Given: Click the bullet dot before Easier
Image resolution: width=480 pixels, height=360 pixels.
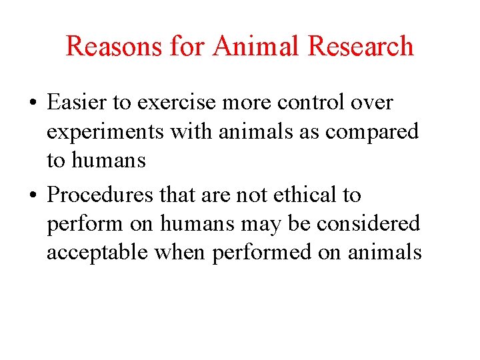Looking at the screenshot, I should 32,104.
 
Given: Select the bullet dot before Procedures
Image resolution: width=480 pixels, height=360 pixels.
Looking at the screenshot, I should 32,195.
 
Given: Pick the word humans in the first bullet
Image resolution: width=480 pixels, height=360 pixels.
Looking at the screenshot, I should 108,160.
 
